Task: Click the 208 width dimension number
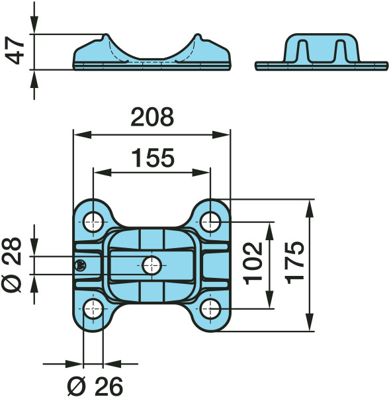(152, 116)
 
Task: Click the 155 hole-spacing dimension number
(153, 158)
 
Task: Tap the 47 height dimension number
(15, 50)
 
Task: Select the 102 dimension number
(253, 263)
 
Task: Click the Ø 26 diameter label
(95, 386)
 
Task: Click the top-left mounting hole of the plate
(93, 222)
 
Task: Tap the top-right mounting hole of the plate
(210, 222)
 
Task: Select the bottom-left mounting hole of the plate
(93, 309)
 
